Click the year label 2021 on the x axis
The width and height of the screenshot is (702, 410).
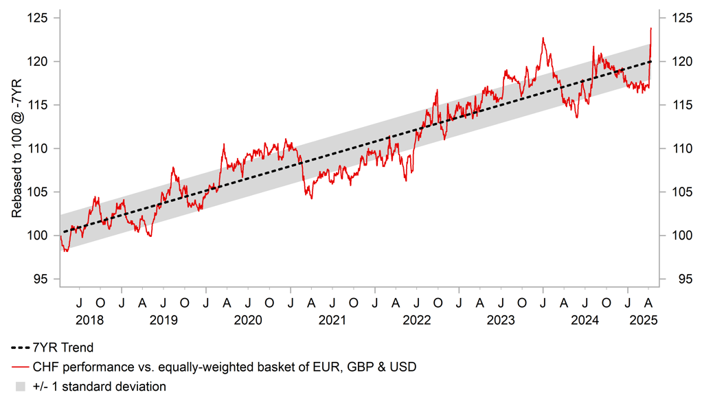(332, 320)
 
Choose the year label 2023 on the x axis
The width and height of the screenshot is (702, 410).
(501, 320)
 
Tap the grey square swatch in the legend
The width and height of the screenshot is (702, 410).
(20, 387)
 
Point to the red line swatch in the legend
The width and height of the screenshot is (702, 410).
(20, 367)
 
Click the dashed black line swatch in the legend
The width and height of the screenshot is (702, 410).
(20, 348)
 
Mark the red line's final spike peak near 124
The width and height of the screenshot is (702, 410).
(651, 28)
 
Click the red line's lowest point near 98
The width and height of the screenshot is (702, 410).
(65, 251)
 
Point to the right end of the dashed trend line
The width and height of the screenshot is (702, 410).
(650, 61)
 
